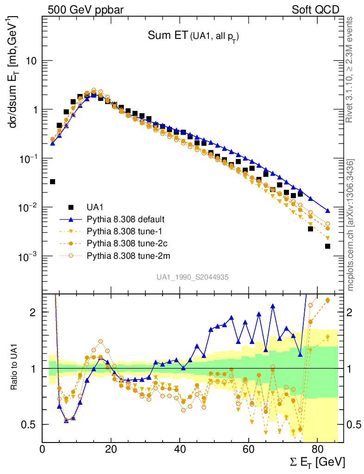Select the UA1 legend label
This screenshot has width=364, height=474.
click(x=95, y=207)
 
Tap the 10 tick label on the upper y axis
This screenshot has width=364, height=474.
click(x=31, y=61)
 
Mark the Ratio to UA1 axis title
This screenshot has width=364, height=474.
click(x=14, y=368)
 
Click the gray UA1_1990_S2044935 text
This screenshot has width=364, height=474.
click(x=193, y=277)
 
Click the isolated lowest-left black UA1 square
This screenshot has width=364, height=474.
click(x=52, y=181)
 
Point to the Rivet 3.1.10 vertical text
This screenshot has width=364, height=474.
click(x=351, y=69)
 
